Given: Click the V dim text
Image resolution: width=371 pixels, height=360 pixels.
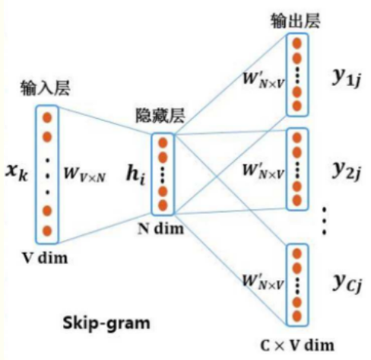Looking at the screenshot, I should click(45, 256).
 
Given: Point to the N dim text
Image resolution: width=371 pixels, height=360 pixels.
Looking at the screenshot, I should click(163, 227).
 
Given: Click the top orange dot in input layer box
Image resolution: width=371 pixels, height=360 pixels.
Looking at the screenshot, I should click(46, 118).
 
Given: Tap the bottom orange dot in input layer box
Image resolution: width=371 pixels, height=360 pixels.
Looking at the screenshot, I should click(46, 230).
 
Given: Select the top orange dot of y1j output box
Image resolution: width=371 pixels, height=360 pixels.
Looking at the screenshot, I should click(297, 42).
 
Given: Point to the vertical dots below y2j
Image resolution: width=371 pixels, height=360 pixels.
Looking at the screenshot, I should click(325, 219).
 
